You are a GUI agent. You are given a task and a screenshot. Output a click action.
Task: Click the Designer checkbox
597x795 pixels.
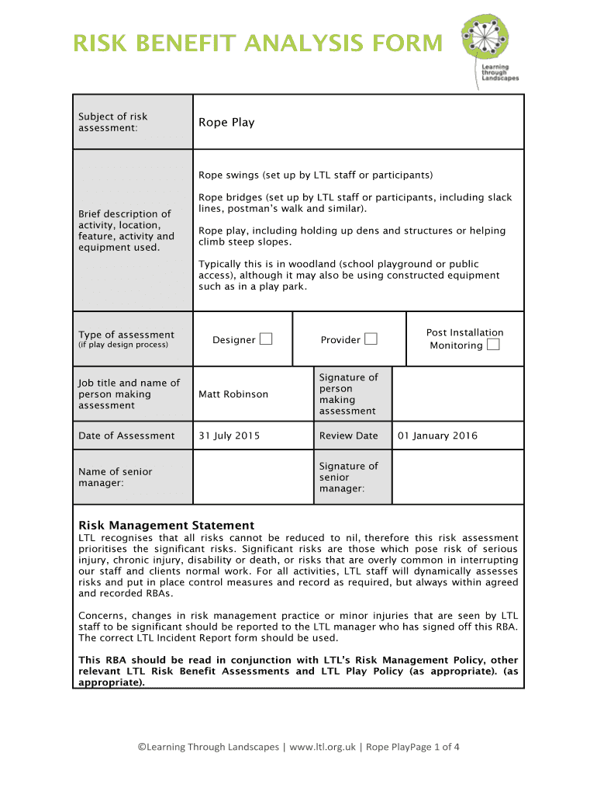[266, 338]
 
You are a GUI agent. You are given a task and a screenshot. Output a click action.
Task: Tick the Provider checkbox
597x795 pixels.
[371, 338]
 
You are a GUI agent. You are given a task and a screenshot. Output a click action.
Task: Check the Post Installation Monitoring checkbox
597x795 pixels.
[493, 345]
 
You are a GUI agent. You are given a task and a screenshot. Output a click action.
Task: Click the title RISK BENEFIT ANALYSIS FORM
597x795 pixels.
[258, 43]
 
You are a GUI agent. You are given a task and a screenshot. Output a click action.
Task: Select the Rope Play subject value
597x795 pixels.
[226, 122]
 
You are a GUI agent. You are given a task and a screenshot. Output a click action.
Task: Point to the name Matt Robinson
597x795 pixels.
[233, 394]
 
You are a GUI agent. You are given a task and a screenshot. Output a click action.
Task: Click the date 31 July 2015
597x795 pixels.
[229, 436]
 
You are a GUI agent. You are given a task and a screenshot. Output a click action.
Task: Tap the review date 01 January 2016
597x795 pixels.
[437, 436]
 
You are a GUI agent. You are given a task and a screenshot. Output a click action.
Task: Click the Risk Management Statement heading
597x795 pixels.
[166, 526]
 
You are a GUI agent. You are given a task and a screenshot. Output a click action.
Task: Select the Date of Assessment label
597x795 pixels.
[126, 436]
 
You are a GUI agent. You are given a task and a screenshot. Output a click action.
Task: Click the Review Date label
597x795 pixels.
[348, 436]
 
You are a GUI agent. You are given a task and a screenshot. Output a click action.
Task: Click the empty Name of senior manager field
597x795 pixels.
[253, 477]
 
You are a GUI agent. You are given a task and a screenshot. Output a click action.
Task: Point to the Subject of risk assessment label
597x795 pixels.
[113, 122]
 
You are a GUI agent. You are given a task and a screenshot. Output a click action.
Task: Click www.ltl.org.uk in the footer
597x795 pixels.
[323, 747]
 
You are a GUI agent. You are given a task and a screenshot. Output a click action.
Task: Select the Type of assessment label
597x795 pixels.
[126, 335]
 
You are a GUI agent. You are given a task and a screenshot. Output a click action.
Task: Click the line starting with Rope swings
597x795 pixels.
[315, 175]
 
